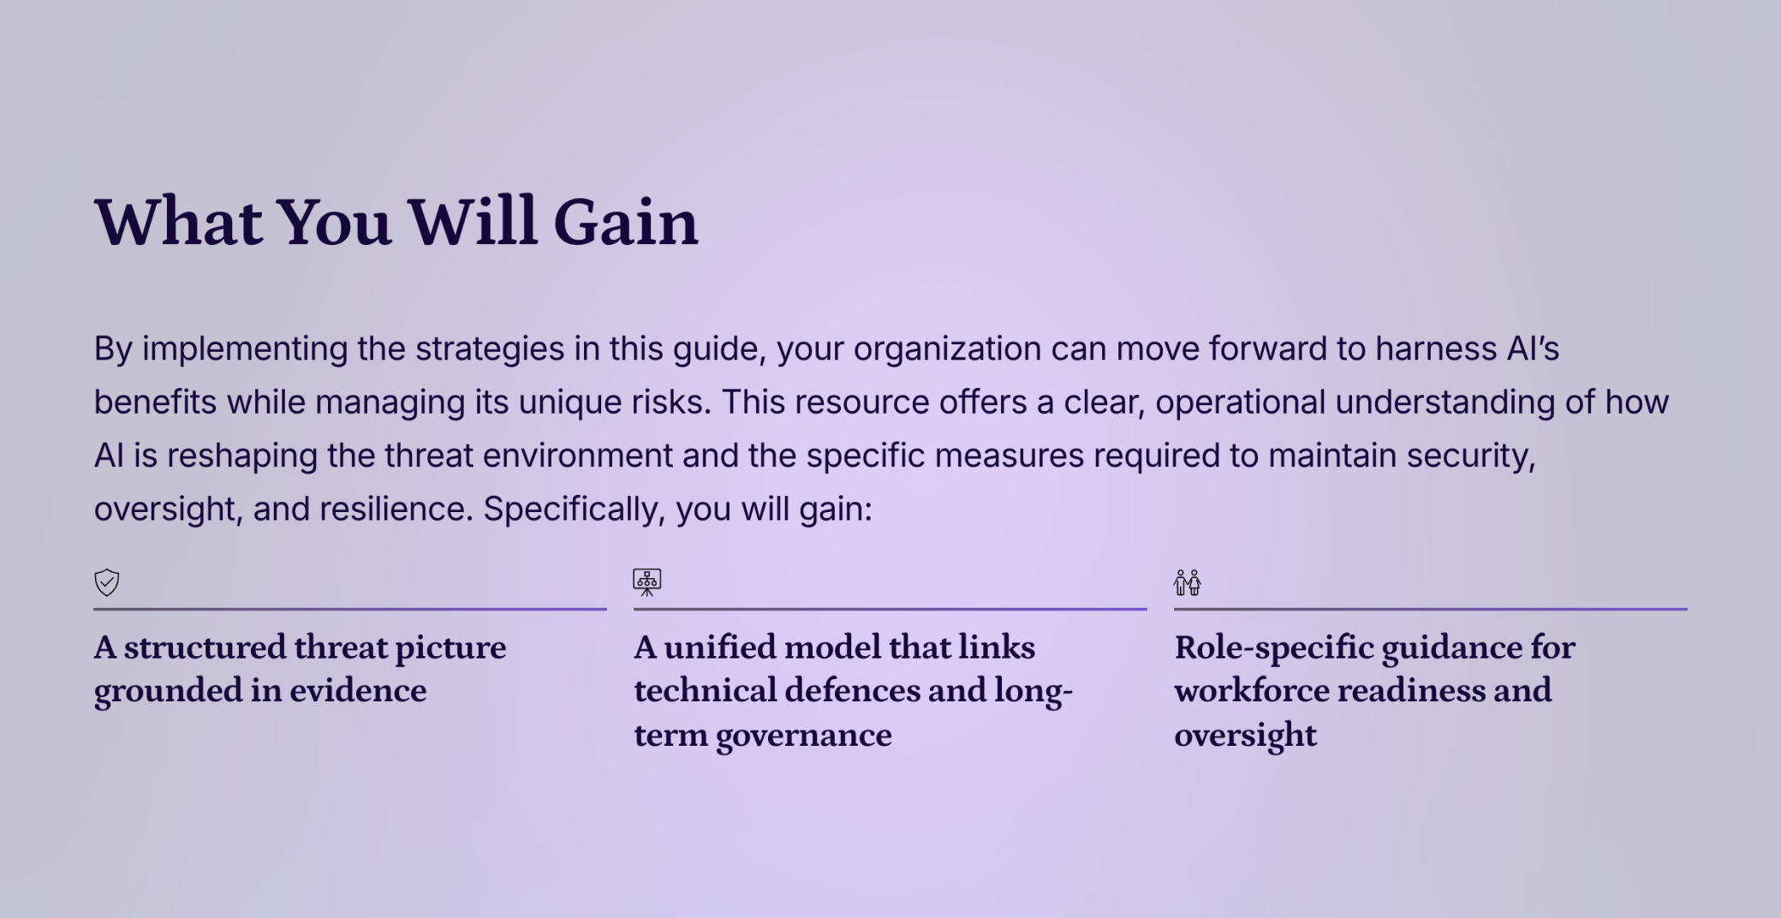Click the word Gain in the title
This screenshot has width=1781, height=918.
(x=625, y=223)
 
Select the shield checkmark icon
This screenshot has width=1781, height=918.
(x=106, y=582)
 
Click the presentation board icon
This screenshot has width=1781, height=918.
(x=646, y=582)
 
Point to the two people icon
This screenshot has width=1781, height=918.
(x=1187, y=582)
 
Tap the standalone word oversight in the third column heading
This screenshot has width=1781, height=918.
(x=1244, y=736)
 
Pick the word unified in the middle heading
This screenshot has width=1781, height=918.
(x=719, y=647)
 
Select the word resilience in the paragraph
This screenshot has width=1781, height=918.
(x=396, y=510)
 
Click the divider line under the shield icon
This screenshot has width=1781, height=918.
(x=349, y=609)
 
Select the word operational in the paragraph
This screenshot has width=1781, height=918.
(x=1240, y=402)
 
